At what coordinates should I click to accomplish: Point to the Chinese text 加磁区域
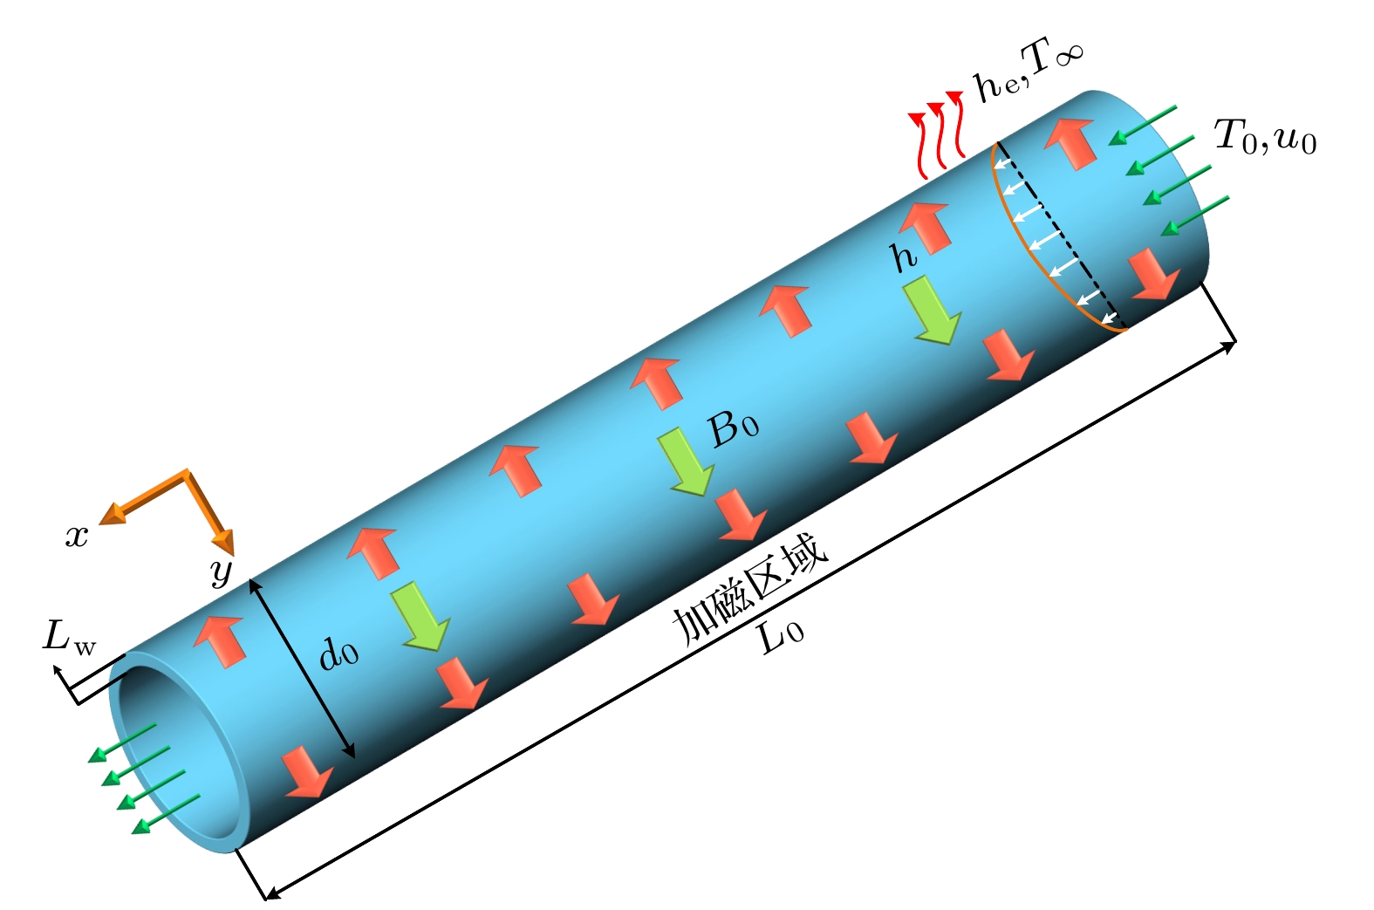[x=749, y=591]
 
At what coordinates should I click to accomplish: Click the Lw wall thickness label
[x=69, y=638]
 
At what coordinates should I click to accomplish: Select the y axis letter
[x=222, y=571]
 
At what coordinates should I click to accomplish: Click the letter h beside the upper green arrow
[x=903, y=257]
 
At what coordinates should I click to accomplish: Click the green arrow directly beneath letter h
[x=933, y=310]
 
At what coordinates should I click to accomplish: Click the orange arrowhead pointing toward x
[x=113, y=514]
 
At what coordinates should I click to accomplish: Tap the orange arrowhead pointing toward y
[x=223, y=541]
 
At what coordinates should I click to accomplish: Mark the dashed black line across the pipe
[x=1061, y=234]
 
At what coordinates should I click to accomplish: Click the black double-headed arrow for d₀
[x=302, y=668]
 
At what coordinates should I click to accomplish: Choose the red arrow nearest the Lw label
[x=219, y=641]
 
